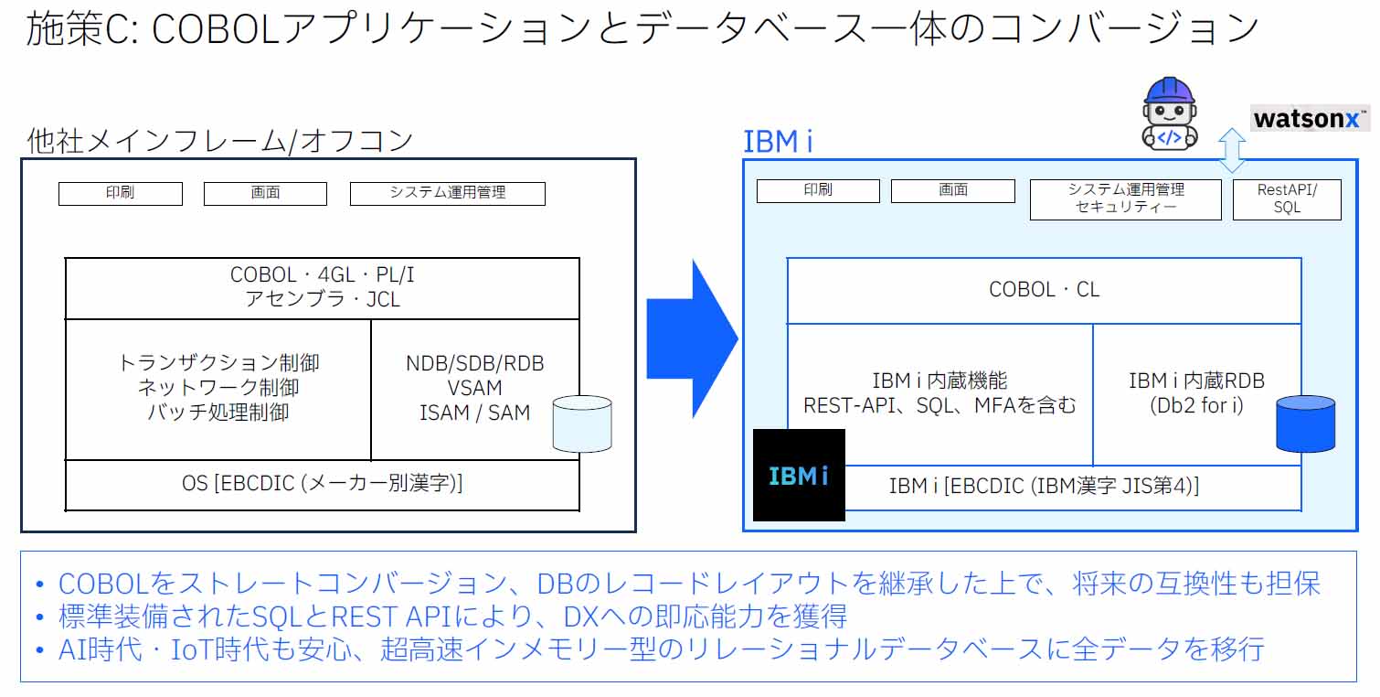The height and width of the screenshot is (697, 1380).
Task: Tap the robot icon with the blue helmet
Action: (x=1169, y=114)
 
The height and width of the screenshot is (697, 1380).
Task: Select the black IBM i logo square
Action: (x=799, y=475)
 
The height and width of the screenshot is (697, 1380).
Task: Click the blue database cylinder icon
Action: (x=1305, y=423)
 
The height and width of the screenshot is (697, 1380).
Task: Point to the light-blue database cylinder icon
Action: (x=582, y=423)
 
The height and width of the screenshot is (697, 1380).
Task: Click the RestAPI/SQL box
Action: (x=1286, y=198)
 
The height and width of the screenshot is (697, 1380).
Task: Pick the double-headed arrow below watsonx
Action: (x=1232, y=150)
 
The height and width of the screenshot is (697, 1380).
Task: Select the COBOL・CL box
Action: (x=1044, y=290)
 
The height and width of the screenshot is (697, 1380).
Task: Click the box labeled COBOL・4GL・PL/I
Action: (x=322, y=287)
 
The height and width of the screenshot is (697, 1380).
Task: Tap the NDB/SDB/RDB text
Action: (x=474, y=363)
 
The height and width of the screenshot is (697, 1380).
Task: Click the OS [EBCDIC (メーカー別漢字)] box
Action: (x=322, y=484)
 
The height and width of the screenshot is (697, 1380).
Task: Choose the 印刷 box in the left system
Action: (x=120, y=193)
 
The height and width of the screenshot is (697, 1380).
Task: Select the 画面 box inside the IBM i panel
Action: (x=952, y=190)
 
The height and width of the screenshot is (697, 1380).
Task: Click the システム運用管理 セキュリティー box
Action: (x=1125, y=198)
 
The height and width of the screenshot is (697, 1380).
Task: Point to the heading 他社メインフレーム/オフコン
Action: (x=220, y=141)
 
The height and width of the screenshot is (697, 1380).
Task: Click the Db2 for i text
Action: (x=1196, y=405)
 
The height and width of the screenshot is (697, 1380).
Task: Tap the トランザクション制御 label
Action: (x=218, y=363)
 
